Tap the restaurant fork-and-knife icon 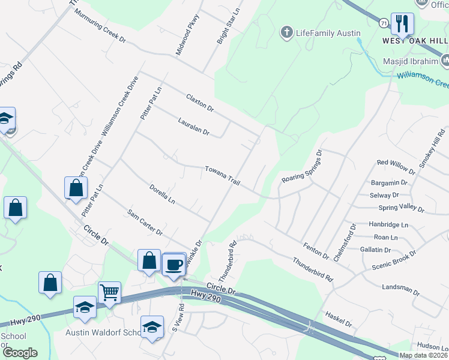click(x=402, y=24)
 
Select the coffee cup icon click(x=174, y=264)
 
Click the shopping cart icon click(x=109, y=293)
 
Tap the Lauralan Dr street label click(x=193, y=126)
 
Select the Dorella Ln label click(x=162, y=193)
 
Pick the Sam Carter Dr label click(x=145, y=222)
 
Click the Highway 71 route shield click(x=382, y=23)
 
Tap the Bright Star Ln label click(x=228, y=27)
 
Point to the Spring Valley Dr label click(x=401, y=209)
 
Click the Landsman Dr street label click(x=400, y=289)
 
